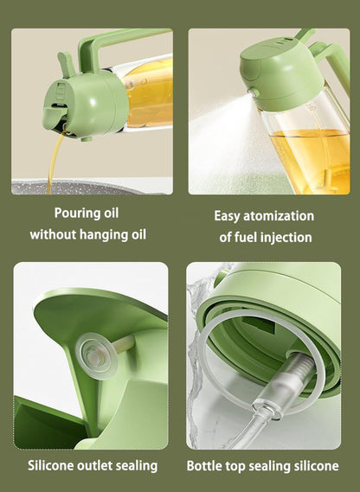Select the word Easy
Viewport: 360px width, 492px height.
coord(229,216)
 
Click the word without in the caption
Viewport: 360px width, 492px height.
coord(55,234)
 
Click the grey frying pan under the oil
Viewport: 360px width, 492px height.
coord(95,186)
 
